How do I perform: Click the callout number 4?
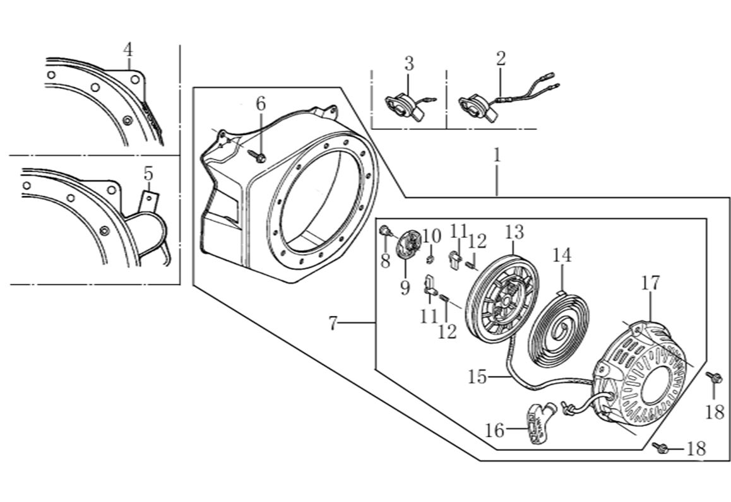coord(128,49)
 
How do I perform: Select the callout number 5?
coord(148,173)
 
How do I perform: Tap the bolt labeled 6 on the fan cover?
coord(259,156)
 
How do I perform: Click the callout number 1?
coord(497,156)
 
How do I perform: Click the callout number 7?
coord(334,324)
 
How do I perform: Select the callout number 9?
coord(405,288)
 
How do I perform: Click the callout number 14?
coord(562,255)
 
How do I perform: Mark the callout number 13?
coord(514,232)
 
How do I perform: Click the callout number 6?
coord(261,103)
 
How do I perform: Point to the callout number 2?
coord(501,59)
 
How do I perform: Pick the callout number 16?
coord(495,431)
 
